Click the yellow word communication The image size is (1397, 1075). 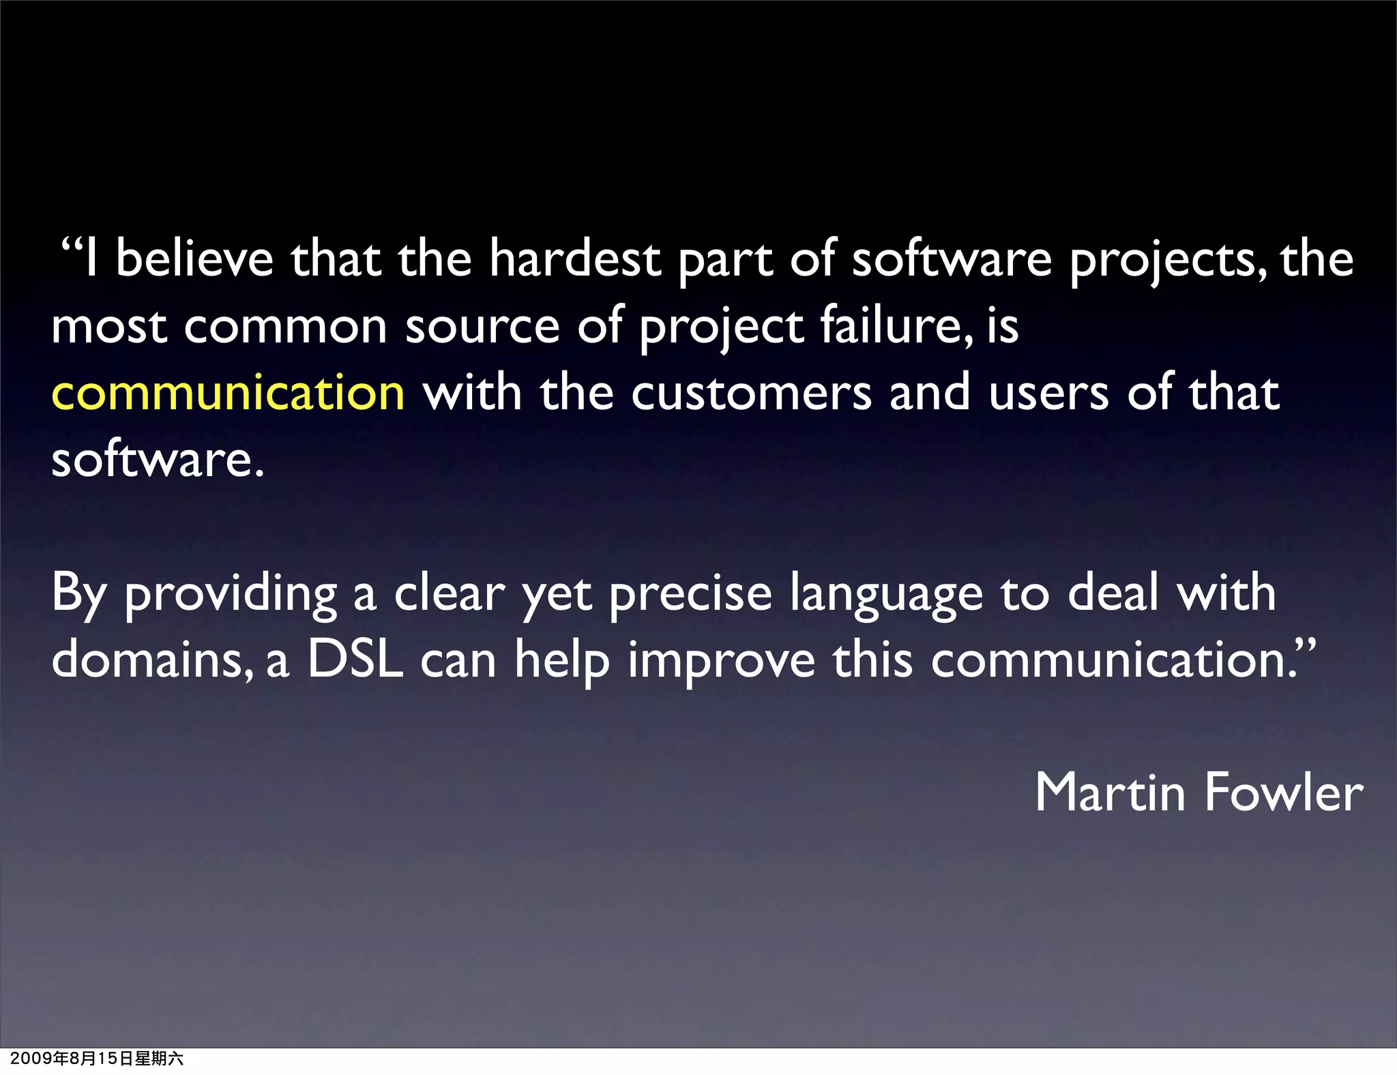click(228, 394)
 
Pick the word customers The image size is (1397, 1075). click(751, 394)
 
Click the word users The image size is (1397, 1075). click(1048, 394)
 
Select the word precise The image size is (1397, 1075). click(690, 593)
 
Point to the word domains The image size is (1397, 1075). click(151, 660)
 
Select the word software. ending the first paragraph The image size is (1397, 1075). click(158, 459)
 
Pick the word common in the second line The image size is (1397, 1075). click(285, 327)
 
